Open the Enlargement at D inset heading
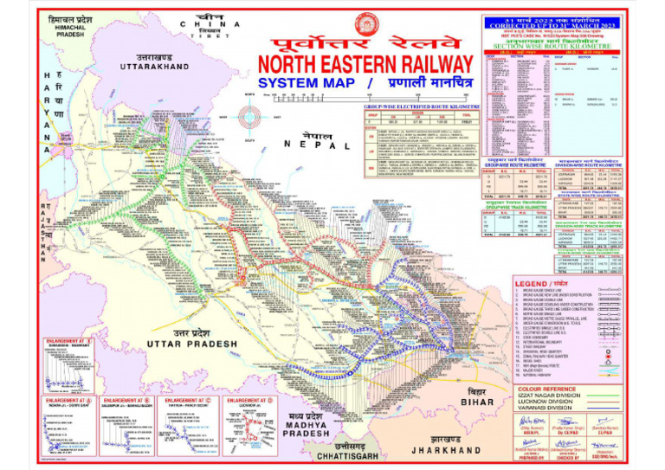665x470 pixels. (x=250, y=402)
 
